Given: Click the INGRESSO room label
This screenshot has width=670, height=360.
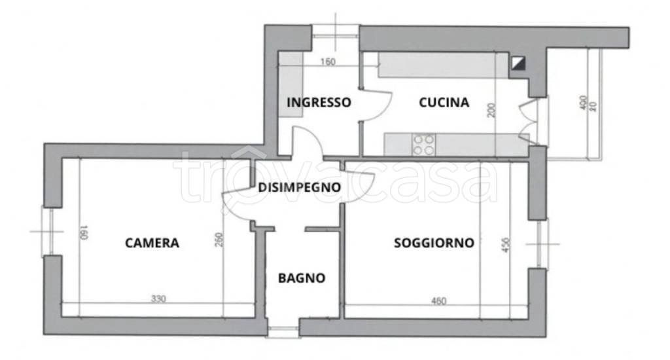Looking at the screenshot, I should pyautogui.click(x=319, y=103).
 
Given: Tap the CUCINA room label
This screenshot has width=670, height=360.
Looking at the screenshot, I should pyautogui.click(x=444, y=103).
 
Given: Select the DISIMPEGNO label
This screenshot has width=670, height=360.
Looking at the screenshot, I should pyautogui.click(x=299, y=187).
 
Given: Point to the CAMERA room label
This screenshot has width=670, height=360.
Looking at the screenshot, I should pyautogui.click(x=152, y=243).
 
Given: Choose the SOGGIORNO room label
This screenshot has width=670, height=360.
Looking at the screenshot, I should pyautogui.click(x=434, y=243).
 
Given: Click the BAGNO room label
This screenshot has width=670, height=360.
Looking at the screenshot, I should pyautogui.click(x=302, y=278).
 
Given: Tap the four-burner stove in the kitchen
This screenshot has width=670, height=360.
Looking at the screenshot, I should pyautogui.click(x=423, y=144).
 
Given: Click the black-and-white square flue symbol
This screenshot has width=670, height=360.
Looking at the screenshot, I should pyautogui.click(x=519, y=63).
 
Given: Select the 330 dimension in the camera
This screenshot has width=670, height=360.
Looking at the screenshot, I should pyautogui.click(x=158, y=299).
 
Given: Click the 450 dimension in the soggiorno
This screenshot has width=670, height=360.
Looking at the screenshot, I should pyautogui.click(x=504, y=244).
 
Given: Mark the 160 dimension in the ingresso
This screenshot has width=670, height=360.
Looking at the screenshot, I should pyautogui.click(x=327, y=63).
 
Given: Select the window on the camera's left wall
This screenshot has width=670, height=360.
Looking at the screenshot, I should pyautogui.click(x=46, y=230).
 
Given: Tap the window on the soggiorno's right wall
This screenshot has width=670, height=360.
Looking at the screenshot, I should pyautogui.click(x=542, y=243).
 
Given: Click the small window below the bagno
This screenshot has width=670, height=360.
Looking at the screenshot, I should pyautogui.click(x=283, y=331).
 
